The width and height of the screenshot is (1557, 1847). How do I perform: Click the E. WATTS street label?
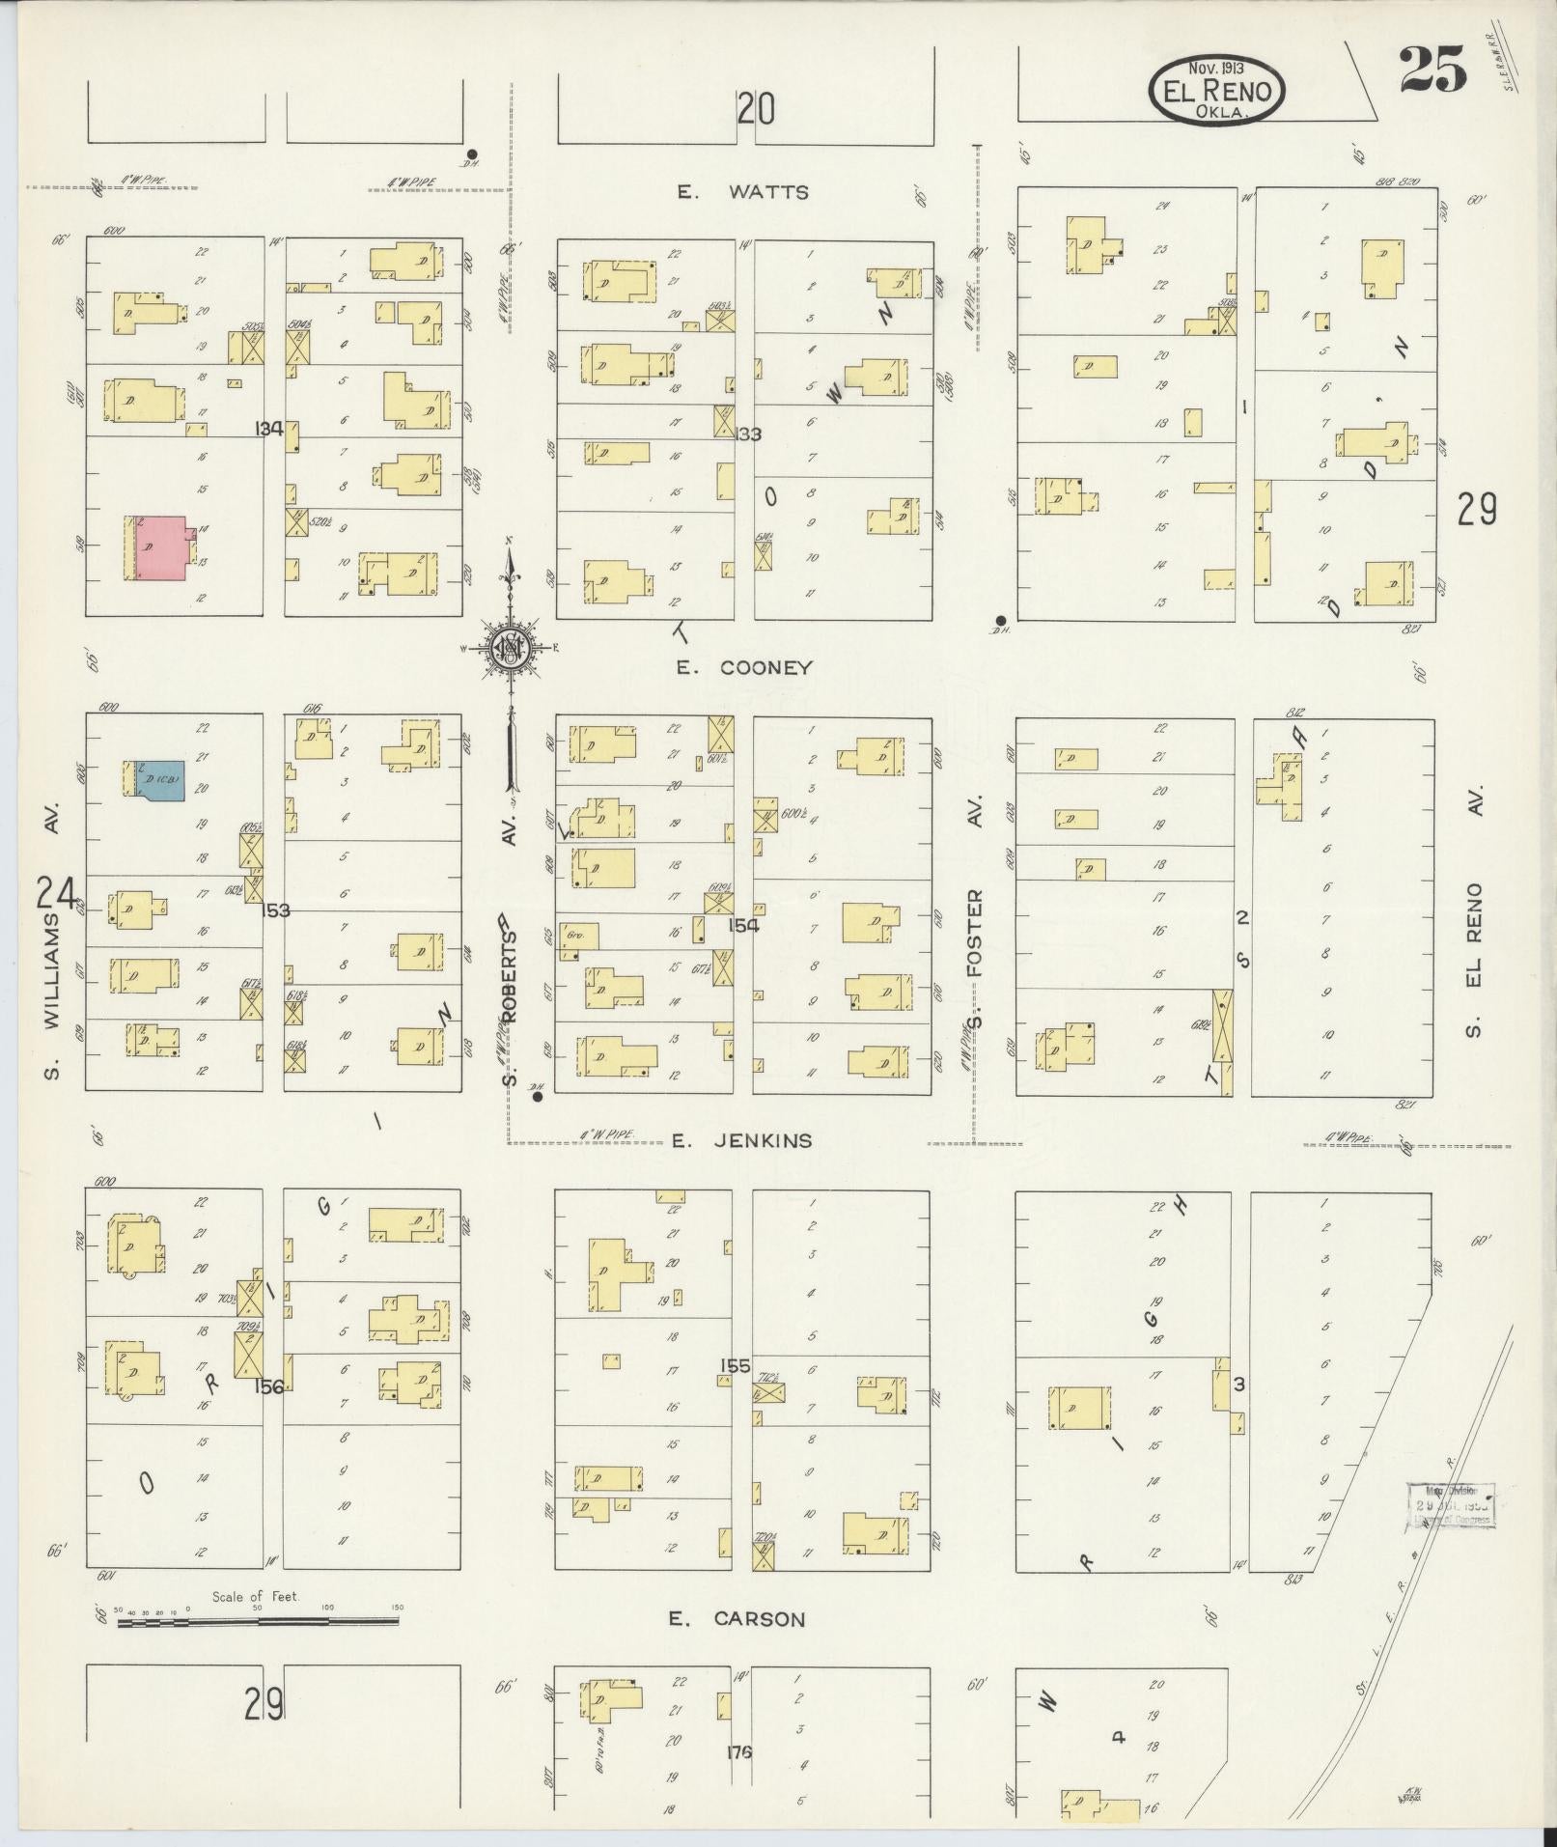click(742, 192)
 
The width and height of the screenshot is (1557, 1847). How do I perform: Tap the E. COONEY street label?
click(744, 667)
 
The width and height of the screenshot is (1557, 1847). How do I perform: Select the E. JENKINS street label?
click(741, 1140)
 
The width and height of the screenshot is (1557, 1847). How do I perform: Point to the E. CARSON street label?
click(737, 1618)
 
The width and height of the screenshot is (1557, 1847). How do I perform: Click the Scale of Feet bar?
click(258, 1622)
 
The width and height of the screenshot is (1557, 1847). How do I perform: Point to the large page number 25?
click(1432, 70)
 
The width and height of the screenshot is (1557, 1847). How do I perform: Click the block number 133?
click(748, 434)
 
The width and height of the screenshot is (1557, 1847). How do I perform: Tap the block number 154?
click(744, 925)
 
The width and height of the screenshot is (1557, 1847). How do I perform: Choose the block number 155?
click(736, 1365)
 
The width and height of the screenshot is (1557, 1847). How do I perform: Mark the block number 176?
click(739, 1752)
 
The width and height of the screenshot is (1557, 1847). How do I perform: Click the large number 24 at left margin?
click(56, 893)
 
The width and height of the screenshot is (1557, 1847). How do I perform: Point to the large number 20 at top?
click(757, 108)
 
